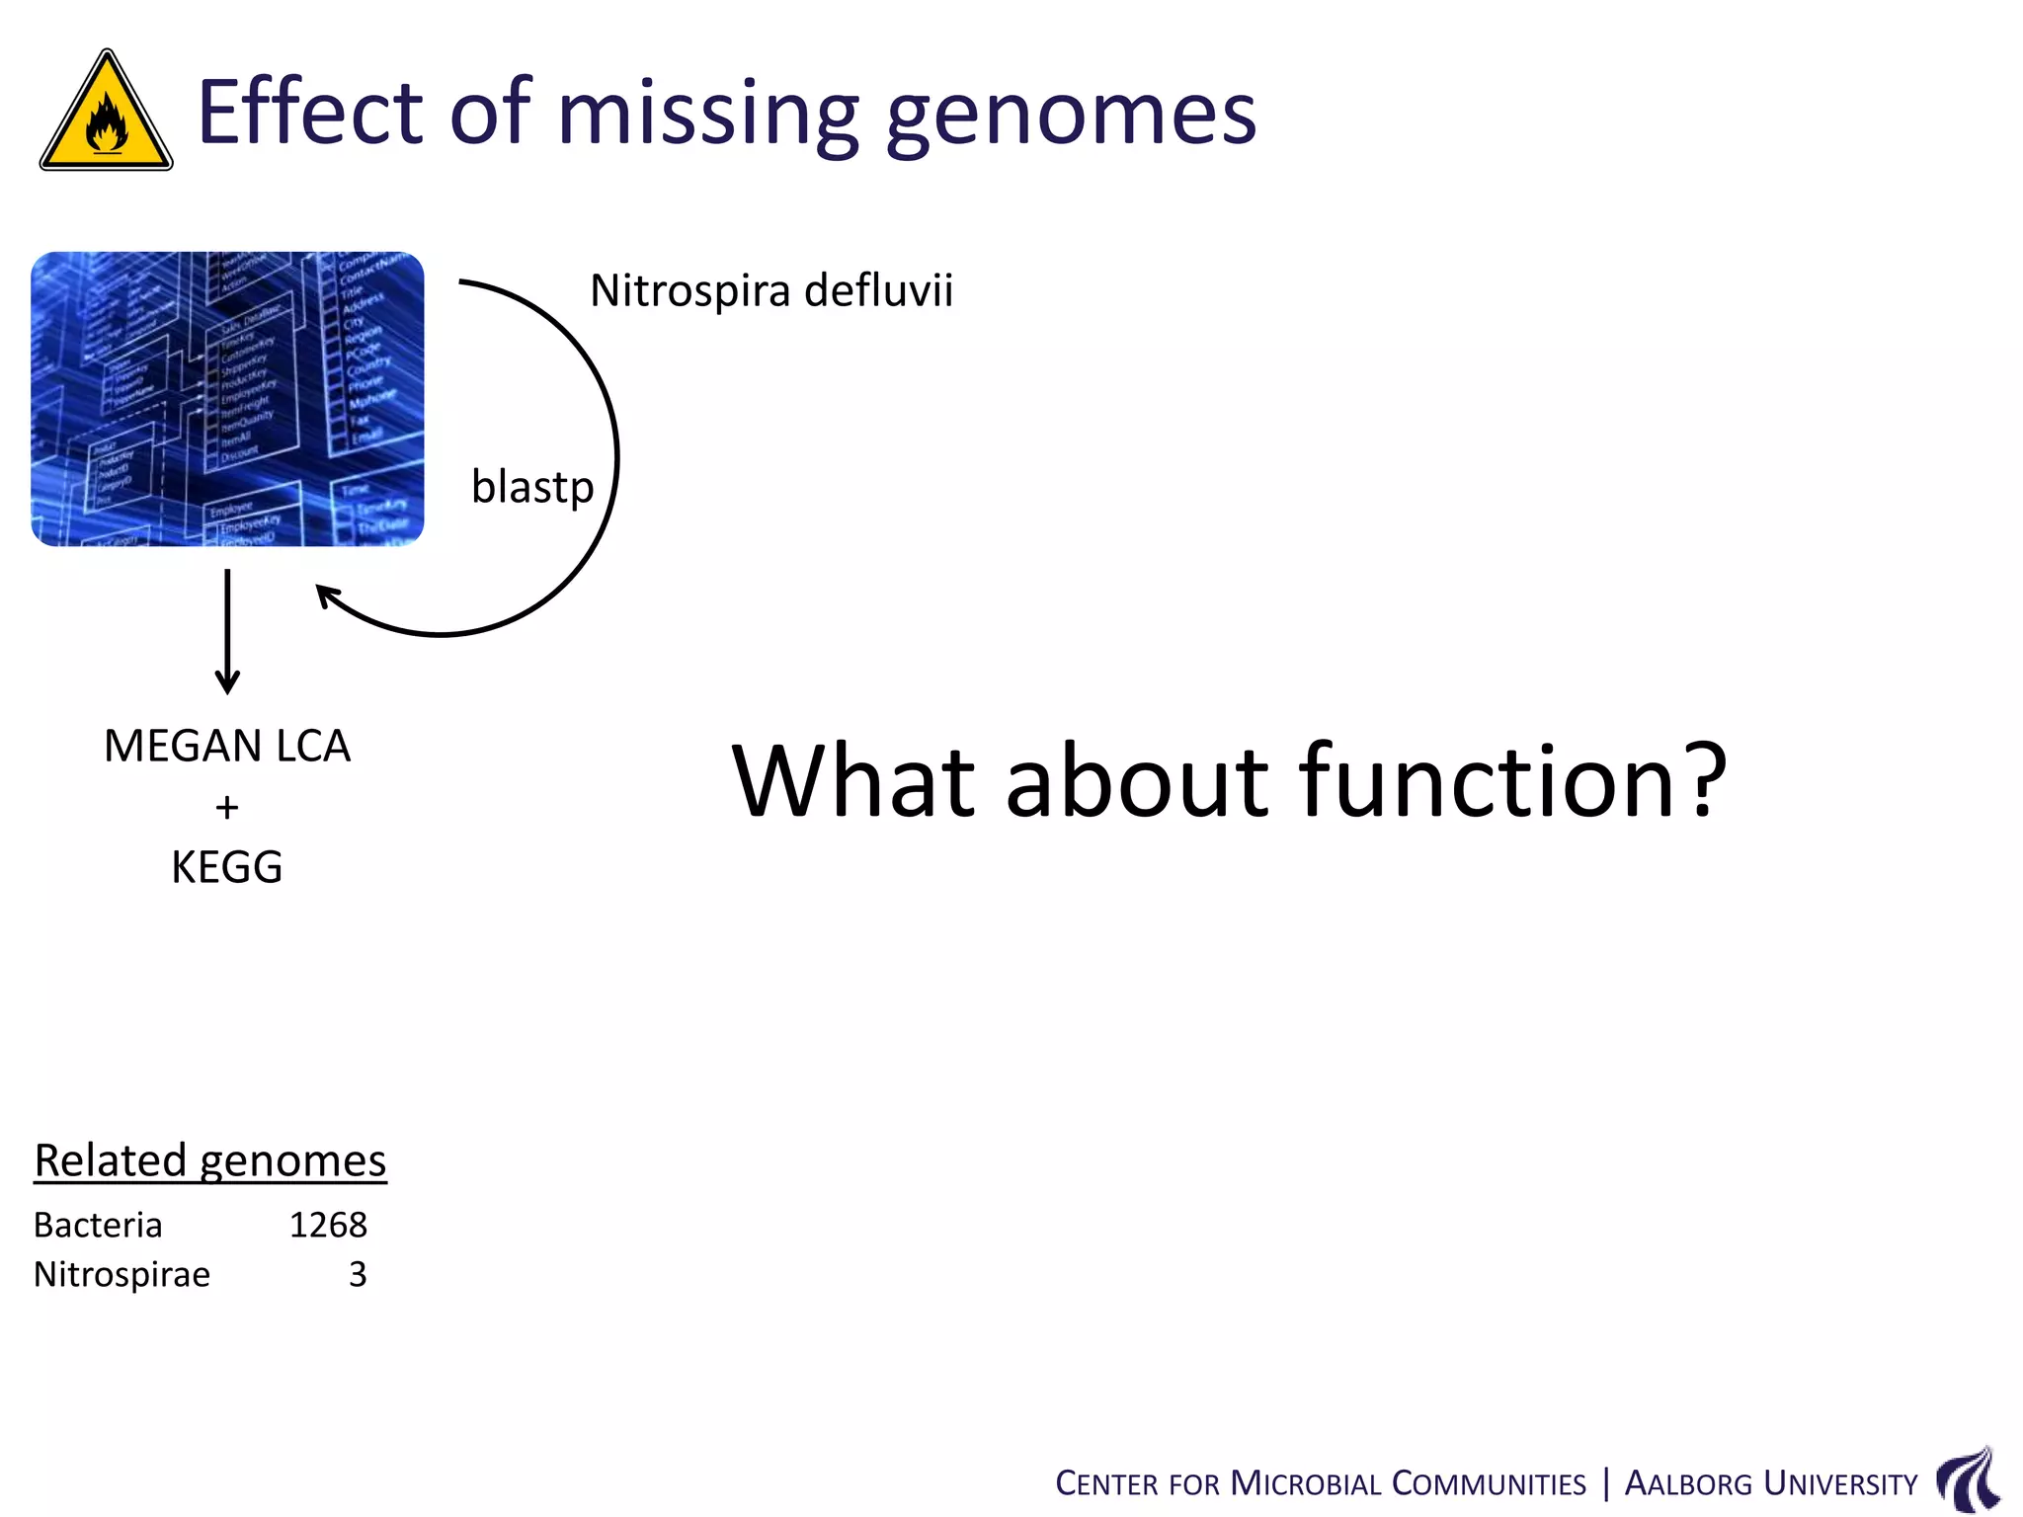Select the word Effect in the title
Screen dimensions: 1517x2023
(x=309, y=111)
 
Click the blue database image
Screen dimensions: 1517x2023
(x=227, y=399)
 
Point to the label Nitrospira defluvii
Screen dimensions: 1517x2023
(x=771, y=291)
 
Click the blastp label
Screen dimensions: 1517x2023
(x=532, y=487)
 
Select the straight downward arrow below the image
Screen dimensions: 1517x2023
(x=227, y=632)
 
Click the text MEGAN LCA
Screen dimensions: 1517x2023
(x=227, y=746)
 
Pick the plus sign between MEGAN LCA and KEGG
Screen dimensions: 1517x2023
(x=227, y=808)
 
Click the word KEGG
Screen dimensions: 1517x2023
(x=227, y=868)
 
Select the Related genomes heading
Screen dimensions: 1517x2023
(x=210, y=1160)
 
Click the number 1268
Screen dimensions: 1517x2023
(x=328, y=1226)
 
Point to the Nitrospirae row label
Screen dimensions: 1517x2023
(x=121, y=1275)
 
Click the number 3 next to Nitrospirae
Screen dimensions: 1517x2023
(x=358, y=1275)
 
